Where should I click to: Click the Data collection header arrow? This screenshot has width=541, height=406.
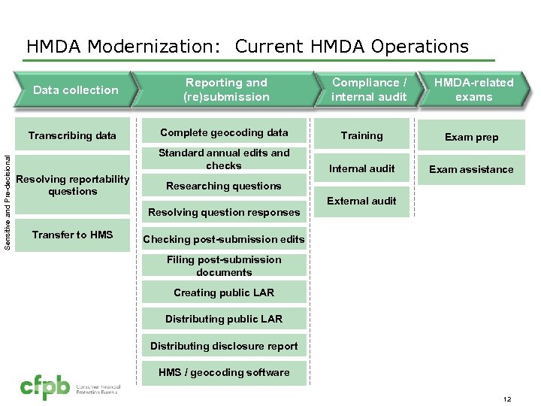(75, 90)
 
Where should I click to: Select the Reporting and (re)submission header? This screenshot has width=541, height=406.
(226, 89)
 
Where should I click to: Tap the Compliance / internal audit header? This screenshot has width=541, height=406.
(369, 89)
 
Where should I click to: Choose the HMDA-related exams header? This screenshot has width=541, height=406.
(473, 89)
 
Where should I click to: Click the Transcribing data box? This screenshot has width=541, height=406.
(72, 136)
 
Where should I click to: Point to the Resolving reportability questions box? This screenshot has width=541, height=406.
(72, 185)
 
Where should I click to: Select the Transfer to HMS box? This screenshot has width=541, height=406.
(72, 235)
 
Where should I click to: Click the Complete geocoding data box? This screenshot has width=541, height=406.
(224, 133)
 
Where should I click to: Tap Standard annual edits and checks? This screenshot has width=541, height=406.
(224, 159)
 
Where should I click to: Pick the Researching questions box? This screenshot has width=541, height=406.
(224, 186)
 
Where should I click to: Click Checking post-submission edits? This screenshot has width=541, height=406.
(224, 239)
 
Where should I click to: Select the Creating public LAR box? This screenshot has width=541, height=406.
(224, 292)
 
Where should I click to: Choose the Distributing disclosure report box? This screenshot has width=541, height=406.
(224, 346)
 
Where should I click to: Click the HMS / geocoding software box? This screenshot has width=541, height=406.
(224, 372)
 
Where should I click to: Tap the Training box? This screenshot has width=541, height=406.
(362, 136)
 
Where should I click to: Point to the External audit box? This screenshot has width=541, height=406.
(362, 201)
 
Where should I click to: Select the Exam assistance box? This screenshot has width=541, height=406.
(471, 169)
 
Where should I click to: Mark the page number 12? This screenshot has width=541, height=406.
(506, 398)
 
